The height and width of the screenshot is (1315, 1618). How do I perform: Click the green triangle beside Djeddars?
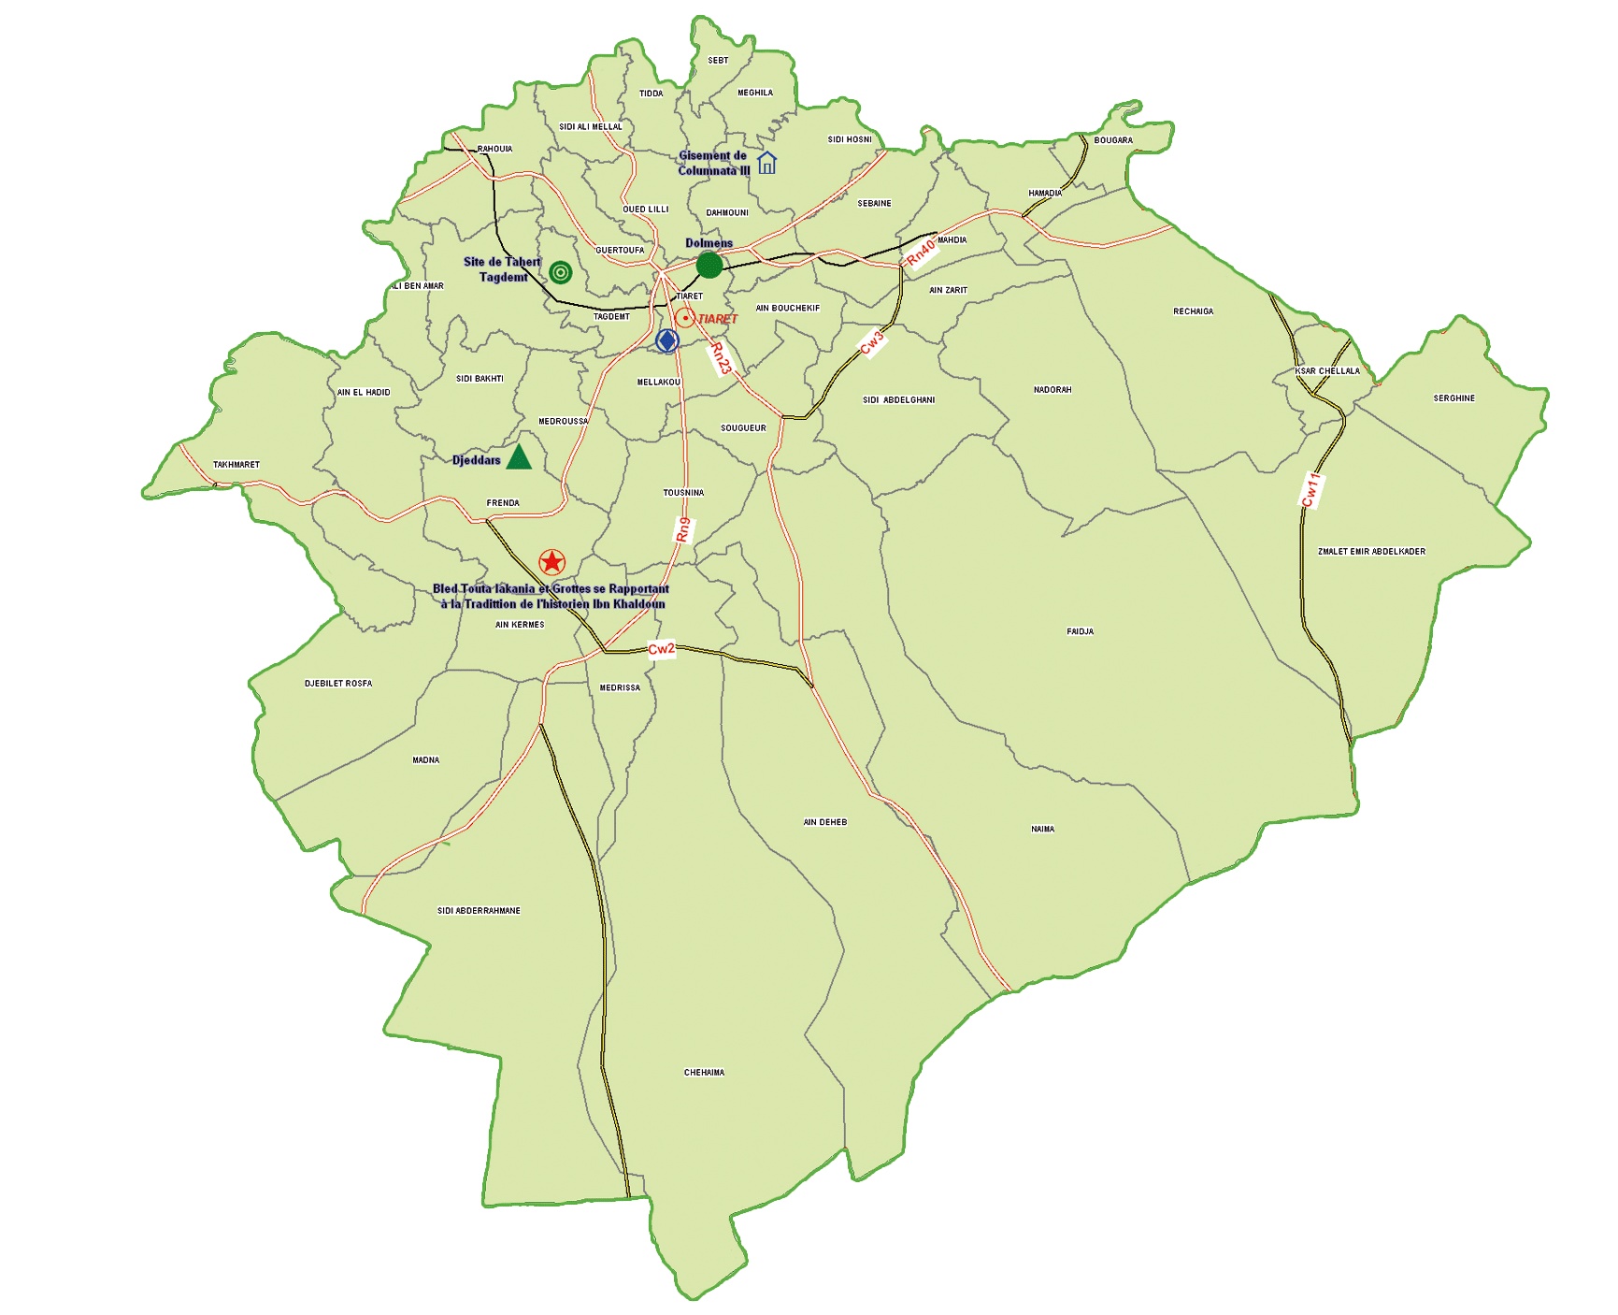point(519,457)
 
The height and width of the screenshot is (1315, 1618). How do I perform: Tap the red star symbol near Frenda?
point(552,562)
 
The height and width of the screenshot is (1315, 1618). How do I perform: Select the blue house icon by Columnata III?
point(766,163)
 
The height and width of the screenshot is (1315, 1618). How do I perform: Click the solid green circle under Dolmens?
point(709,265)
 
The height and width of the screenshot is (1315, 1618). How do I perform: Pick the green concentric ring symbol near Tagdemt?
point(560,272)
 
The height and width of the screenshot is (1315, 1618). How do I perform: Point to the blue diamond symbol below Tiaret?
point(666,341)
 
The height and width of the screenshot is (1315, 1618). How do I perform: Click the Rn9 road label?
point(683,529)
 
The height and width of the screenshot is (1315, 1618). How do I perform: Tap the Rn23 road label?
point(721,358)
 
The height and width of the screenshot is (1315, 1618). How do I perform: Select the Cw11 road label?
point(1310,490)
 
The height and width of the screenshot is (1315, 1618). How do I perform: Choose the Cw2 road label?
point(661,649)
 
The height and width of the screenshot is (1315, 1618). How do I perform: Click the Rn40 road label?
point(921,252)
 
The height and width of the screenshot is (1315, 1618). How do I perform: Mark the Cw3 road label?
point(871,343)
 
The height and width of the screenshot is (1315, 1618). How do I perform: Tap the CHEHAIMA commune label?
point(704,1073)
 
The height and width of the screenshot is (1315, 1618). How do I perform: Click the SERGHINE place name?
point(1453,398)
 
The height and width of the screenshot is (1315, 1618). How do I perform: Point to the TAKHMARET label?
point(236,465)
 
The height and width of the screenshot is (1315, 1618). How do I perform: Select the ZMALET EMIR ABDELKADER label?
point(1371,552)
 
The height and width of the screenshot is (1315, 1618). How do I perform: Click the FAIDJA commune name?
point(1080,632)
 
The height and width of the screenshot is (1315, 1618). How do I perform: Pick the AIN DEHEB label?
point(824,823)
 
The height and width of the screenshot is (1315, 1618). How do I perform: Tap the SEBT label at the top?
point(718,61)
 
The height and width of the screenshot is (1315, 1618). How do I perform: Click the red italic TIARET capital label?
point(717,319)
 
